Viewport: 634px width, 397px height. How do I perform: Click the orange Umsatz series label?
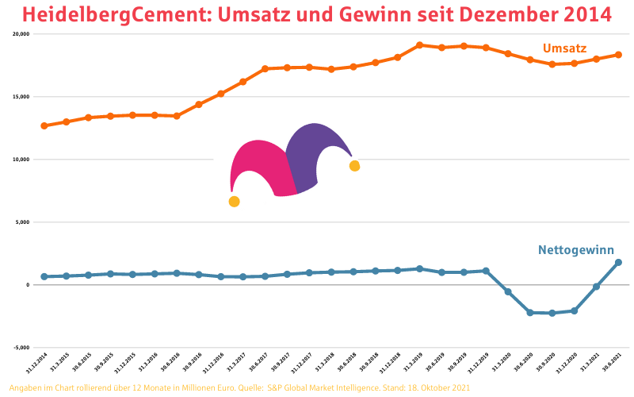[x=564, y=48]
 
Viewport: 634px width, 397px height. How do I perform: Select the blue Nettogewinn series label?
[x=576, y=250]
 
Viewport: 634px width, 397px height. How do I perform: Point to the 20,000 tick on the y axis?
[x=21, y=34]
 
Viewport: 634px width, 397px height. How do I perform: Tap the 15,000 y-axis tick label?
[x=21, y=97]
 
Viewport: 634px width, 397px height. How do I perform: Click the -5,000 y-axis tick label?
[x=21, y=347]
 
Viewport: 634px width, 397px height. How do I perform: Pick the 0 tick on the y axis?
[x=27, y=284]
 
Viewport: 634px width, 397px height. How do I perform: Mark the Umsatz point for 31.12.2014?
[x=44, y=125]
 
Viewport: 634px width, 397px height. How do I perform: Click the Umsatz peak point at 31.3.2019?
[x=419, y=45]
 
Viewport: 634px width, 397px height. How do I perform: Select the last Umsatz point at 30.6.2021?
[x=618, y=55]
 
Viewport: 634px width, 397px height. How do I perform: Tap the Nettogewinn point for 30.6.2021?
[x=618, y=263]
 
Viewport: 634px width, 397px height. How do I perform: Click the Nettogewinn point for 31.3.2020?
[x=508, y=292]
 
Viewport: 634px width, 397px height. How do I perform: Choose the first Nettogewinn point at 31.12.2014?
[x=44, y=276]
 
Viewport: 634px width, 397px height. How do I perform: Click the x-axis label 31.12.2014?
[x=36, y=364]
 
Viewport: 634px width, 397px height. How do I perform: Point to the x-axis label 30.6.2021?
[x=609, y=364]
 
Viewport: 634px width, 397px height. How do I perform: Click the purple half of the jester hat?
[x=313, y=155]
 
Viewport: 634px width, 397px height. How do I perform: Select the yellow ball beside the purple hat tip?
[x=354, y=166]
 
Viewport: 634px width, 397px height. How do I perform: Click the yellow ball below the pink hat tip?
[x=234, y=202]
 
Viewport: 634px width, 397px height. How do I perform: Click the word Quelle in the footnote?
[x=250, y=387]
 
